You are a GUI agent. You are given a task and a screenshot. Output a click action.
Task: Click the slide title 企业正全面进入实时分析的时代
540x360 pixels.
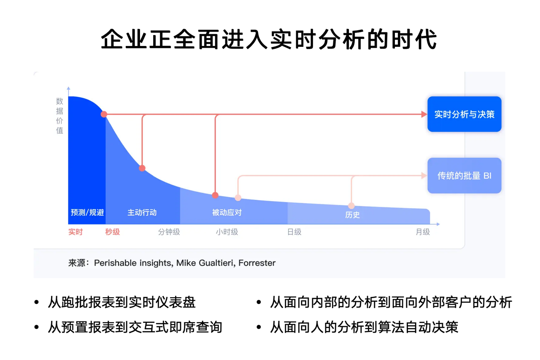tap(269, 40)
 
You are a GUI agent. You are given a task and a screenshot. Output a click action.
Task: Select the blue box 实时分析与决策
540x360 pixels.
tap(464, 114)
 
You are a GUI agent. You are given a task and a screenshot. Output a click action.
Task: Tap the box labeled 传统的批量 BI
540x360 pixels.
tap(464, 176)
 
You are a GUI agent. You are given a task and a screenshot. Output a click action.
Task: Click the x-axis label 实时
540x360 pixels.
tap(76, 232)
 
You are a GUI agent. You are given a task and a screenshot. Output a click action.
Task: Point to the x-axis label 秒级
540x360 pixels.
tap(113, 232)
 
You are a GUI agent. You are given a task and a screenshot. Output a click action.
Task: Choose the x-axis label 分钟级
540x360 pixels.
tap(169, 232)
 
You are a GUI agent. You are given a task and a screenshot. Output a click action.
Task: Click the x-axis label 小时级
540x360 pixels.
tap(227, 232)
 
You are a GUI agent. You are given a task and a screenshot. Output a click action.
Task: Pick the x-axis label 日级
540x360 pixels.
tap(294, 232)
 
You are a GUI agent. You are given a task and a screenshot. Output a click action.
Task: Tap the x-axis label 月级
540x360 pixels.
tap(423, 232)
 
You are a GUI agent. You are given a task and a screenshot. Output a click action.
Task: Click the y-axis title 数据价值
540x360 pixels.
tap(59, 116)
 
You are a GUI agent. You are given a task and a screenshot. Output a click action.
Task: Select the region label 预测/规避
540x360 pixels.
tap(87, 212)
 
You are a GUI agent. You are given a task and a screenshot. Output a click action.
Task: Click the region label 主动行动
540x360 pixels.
tap(142, 212)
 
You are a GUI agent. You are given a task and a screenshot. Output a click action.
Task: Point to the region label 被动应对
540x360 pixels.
tap(227, 212)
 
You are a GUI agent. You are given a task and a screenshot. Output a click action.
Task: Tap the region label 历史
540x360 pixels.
tap(352, 215)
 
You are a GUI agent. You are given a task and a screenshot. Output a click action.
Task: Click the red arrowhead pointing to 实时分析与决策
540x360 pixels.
tap(424, 114)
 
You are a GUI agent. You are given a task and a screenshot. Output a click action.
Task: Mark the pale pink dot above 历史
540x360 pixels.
tap(351, 206)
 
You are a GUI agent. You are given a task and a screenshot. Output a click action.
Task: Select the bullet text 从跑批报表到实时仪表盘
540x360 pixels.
tap(121, 302)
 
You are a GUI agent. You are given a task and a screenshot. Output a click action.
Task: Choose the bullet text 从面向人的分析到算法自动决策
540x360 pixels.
tap(364, 327)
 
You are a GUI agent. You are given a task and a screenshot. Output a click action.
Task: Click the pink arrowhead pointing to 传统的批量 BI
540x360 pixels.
tap(424, 176)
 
